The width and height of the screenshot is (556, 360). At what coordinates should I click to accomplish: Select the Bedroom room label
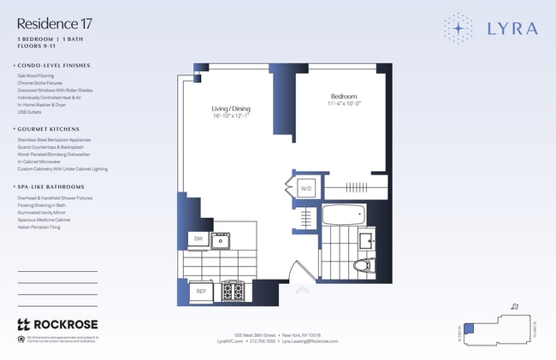(343, 97)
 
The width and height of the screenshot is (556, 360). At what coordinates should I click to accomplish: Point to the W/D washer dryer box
(305, 187)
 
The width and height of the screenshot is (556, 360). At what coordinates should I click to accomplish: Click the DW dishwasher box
(198, 239)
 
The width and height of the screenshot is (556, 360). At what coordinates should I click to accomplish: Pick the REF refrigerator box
(201, 292)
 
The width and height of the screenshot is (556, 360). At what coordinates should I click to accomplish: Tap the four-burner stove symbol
(232, 292)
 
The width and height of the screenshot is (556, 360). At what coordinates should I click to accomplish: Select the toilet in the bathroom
(363, 264)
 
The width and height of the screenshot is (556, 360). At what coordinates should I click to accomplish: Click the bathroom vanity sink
(365, 239)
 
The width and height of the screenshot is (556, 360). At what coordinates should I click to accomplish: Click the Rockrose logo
(57, 324)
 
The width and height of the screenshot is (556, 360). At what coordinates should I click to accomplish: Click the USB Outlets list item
(30, 111)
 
